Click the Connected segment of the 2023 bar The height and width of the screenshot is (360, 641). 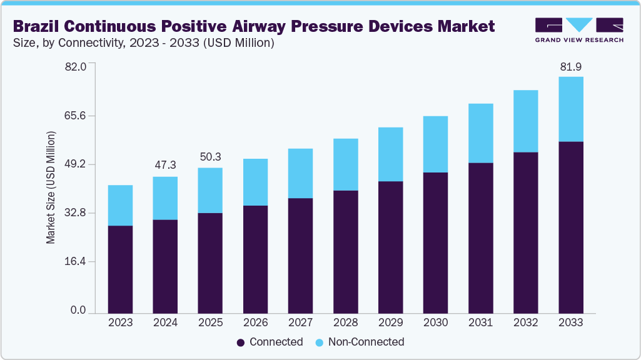[x=120, y=269]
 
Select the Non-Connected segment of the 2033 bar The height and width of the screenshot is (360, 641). [x=570, y=109]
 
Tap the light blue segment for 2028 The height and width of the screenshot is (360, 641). [x=345, y=164]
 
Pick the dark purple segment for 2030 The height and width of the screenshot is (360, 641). [x=435, y=242]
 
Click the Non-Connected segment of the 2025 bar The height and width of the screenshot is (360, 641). [x=210, y=190]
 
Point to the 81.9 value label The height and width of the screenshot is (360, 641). [x=570, y=67]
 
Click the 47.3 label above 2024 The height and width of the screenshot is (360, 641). [x=165, y=166]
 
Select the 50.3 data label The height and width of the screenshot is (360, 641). [x=210, y=157]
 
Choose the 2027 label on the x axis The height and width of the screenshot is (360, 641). [x=300, y=322]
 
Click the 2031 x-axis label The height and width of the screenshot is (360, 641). [x=480, y=322]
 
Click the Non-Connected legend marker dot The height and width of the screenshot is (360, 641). [x=319, y=342]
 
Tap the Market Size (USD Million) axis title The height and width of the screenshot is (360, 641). [x=51, y=187]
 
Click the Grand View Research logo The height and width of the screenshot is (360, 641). [x=579, y=30]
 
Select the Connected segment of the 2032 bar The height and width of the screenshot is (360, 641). [x=525, y=232]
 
